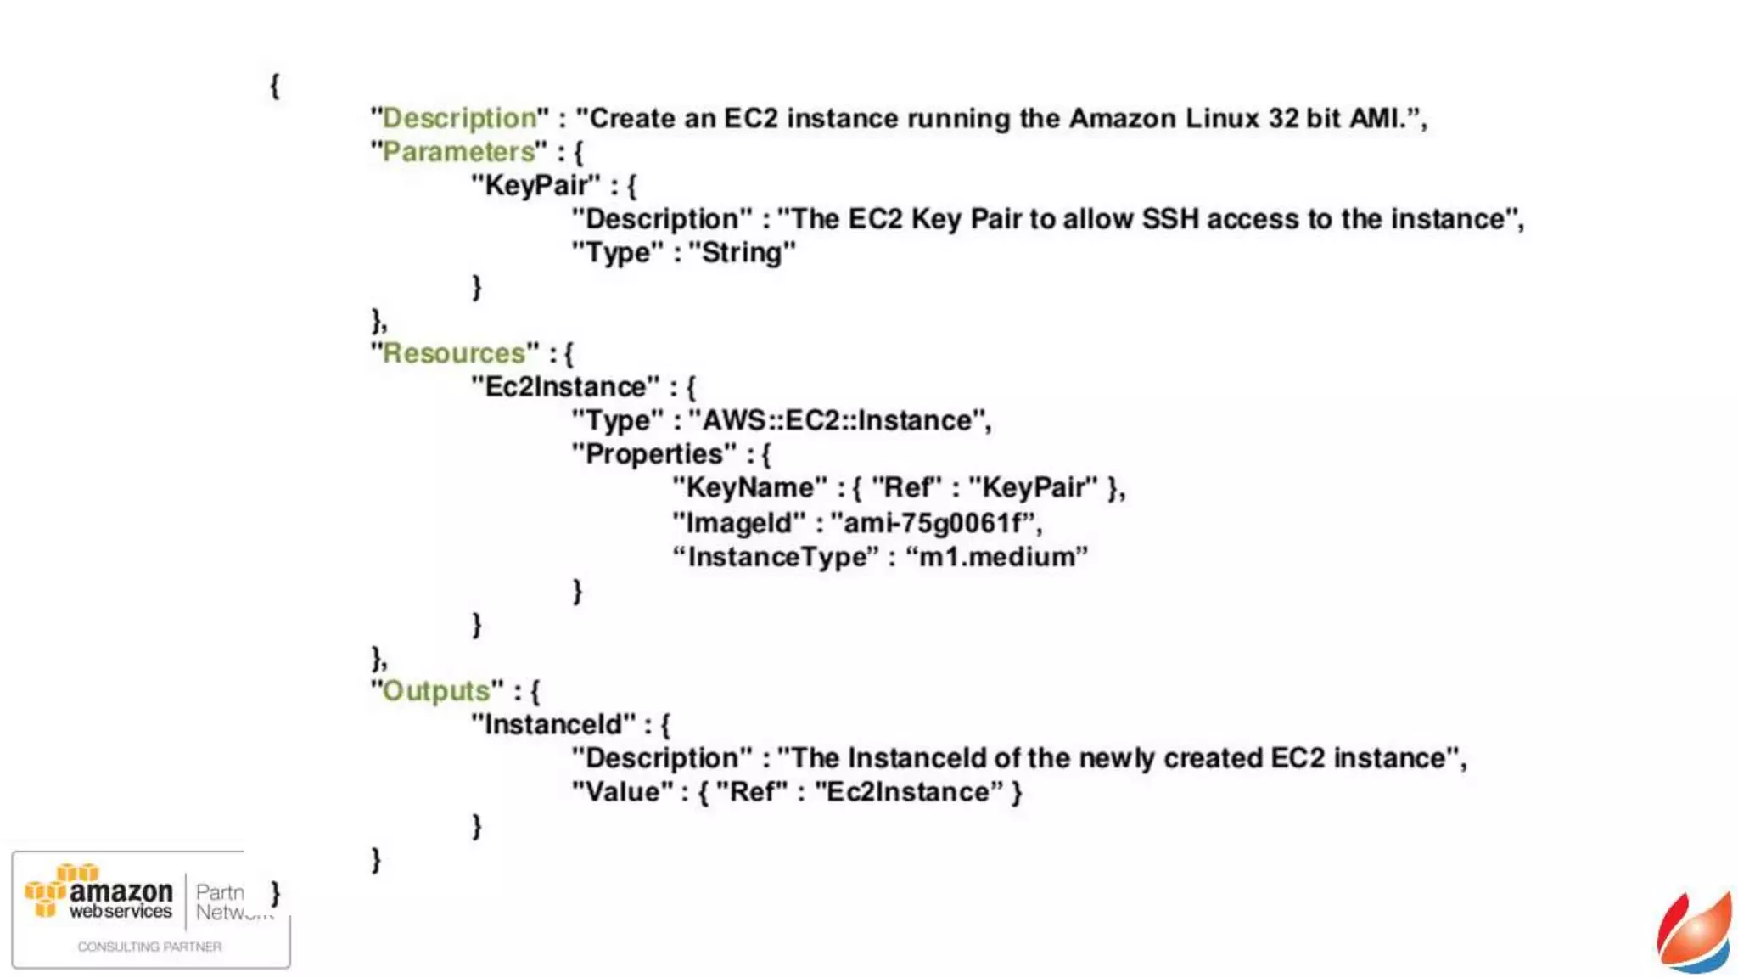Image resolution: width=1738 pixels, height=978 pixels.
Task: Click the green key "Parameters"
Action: (x=459, y=152)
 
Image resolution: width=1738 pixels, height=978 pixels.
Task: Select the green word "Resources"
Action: (x=454, y=353)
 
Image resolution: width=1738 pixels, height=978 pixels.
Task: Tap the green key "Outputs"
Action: (x=436, y=691)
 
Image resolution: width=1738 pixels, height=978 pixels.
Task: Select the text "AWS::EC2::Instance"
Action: (x=837, y=420)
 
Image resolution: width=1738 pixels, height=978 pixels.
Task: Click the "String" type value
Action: (x=742, y=252)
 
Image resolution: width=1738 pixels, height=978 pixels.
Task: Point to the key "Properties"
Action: (x=653, y=454)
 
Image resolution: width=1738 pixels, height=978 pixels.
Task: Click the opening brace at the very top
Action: (x=274, y=85)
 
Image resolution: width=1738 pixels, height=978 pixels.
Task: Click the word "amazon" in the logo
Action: (x=121, y=891)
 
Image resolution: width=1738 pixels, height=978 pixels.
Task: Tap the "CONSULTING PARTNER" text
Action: (x=149, y=947)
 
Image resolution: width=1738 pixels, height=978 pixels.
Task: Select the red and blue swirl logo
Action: (x=1694, y=933)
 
